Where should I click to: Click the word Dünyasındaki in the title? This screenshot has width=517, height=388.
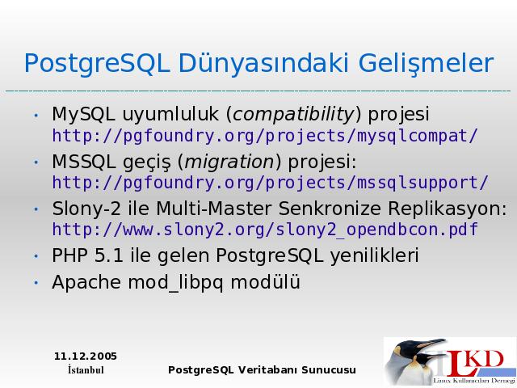click(x=263, y=64)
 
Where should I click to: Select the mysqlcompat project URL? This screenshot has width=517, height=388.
click(x=265, y=136)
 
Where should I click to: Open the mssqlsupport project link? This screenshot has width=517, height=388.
click(x=270, y=183)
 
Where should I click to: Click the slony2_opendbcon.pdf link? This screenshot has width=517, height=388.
click(x=265, y=230)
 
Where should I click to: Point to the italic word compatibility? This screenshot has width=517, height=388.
click(x=292, y=115)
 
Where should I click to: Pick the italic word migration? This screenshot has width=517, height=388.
click(x=229, y=162)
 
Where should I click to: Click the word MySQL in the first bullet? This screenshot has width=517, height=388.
click(x=83, y=115)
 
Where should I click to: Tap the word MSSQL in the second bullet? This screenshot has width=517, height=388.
click(x=84, y=162)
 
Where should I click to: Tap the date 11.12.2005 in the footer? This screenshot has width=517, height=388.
click(x=86, y=356)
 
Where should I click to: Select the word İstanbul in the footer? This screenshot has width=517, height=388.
click(x=86, y=370)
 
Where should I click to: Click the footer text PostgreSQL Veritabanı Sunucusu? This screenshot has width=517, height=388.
click(x=262, y=370)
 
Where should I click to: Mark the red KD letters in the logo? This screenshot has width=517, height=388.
click(x=486, y=360)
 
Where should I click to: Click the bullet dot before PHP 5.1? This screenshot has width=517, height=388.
click(x=36, y=256)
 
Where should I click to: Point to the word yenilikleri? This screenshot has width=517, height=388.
click(x=374, y=255)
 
